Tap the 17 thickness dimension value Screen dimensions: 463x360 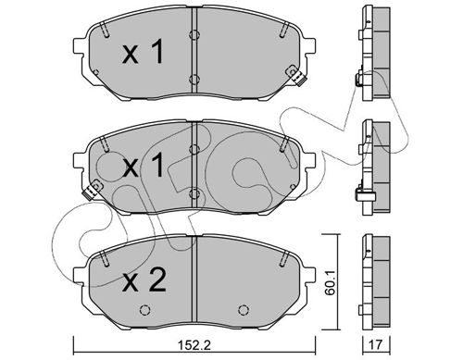pos(376,344)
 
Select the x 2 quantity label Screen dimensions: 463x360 pos(144,280)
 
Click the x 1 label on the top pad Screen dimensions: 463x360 pos(143,53)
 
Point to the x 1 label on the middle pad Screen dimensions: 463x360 pos(143,167)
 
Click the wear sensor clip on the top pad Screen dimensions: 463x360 pos(295,76)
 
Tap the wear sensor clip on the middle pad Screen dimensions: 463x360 pos(92,190)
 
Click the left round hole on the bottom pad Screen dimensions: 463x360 pos(144,310)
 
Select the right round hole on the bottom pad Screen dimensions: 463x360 pos(244,310)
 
